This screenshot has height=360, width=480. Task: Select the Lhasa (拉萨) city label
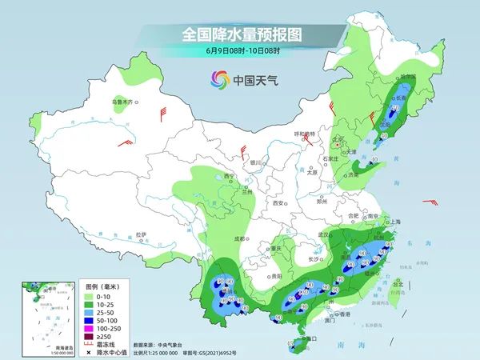tap(141, 234)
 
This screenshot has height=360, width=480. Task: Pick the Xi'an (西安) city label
tap(278, 204)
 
